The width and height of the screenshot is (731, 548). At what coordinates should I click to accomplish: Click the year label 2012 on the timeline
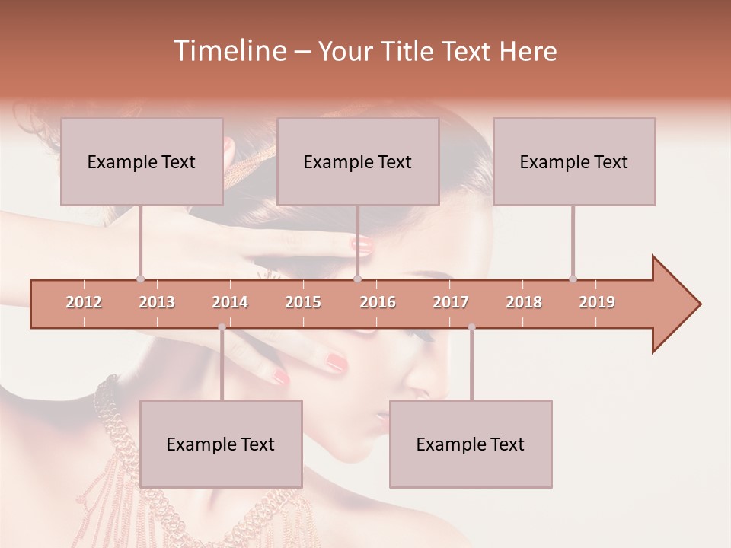tap(84, 302)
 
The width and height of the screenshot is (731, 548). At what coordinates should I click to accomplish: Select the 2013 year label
tap(157, 302)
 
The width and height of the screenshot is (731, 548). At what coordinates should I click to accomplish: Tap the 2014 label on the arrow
tap(230, 302)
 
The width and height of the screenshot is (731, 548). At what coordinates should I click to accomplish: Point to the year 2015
tap(303, 302)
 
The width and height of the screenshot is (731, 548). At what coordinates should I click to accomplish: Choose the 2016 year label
tap(378, 302)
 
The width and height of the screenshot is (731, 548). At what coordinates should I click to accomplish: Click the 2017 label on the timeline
tap(451, 302)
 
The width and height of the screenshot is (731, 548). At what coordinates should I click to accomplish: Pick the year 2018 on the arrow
tap(524, 302)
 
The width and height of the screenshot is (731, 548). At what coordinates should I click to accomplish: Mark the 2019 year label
tap(597, 302)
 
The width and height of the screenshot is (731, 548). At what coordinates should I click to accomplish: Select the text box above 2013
tap(142, 161)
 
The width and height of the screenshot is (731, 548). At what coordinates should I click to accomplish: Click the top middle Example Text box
tap(358, 161)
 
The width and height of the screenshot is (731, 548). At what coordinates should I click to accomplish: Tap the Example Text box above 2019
tap(574, 161)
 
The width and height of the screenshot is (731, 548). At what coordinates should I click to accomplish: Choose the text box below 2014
tap(221, 444)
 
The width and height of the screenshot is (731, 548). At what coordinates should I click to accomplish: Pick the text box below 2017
tap(471, 444)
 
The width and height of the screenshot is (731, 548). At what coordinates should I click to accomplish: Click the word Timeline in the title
tap(228, 51)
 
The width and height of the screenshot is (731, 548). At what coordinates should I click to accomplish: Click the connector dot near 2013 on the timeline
tap(140, 279)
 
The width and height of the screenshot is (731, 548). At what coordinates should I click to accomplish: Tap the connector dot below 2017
tap(471, 327)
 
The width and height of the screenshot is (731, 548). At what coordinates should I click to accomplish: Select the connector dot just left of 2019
tap(573, 279)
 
